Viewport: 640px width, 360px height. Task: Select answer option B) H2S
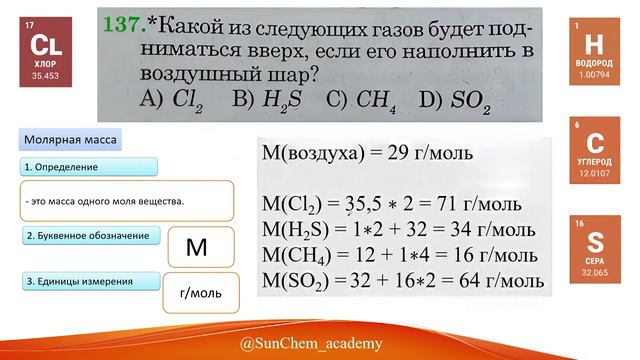click(x=260, y=98)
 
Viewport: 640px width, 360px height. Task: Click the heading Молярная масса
click(x=71, y=140)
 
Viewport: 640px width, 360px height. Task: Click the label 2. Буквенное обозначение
click(x=86, y=236)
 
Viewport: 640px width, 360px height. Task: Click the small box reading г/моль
click(x=200, y=293)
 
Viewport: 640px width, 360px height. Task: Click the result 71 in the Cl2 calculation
click(x=469, y=205)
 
